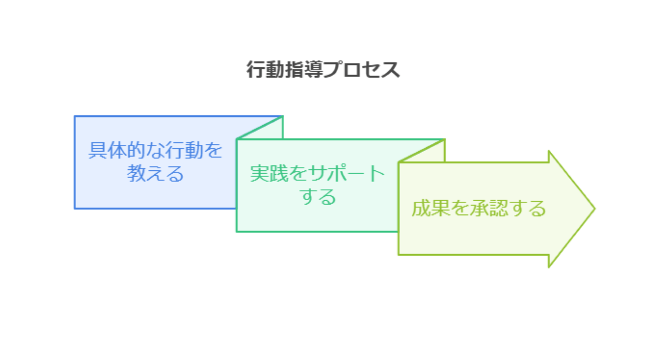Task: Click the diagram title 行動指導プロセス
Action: [323, 69]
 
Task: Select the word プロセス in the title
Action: [362, 69]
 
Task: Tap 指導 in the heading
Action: [304, 69]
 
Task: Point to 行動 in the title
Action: [265, 69]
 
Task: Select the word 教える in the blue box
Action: [155, 173]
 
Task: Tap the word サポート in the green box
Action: [346, 173]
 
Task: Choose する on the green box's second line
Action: [318, 196]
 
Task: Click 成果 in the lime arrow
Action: [431, 208]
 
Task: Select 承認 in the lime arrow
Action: [489, 208]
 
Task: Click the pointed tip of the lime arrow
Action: [595, 208]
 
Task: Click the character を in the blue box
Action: [213, 150]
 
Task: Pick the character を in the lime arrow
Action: [460, 208]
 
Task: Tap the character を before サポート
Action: [298, 173]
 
